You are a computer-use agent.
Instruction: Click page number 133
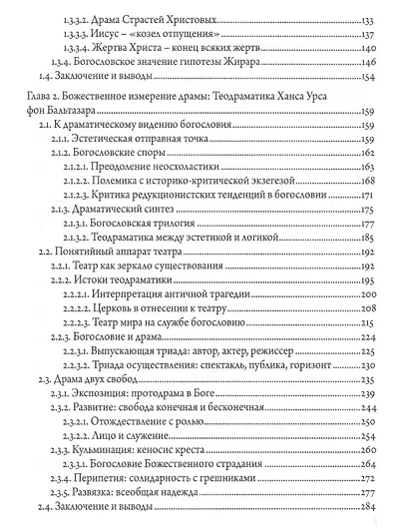(x=372, y=19)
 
